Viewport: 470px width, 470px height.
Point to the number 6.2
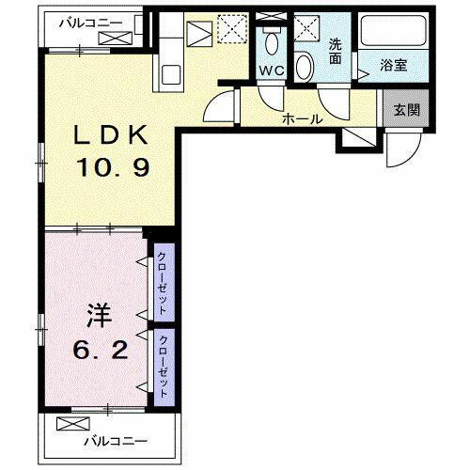click(x=94, y=350)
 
